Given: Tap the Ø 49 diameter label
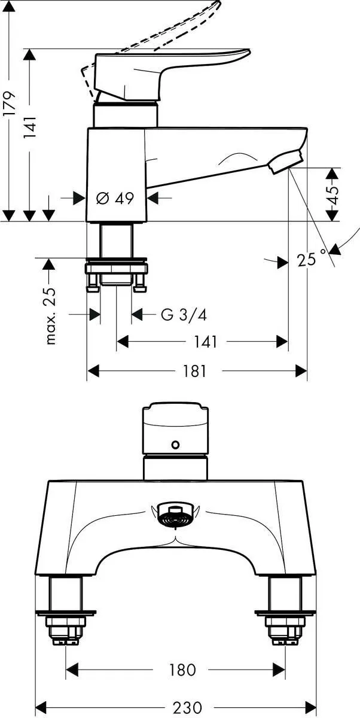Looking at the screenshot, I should tap(115, 198).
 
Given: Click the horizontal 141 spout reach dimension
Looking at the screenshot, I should tap(205, 342).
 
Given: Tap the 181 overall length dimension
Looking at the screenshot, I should tap(194, 372).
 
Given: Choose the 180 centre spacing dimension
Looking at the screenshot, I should tap(182, 670).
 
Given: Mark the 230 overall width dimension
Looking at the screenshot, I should tap(187, 707).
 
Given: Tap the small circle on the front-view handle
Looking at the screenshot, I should tap(175, 445).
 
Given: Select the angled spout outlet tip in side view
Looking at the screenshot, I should tap(286, 162).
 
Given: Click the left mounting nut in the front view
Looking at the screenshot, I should tap(66, 628).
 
